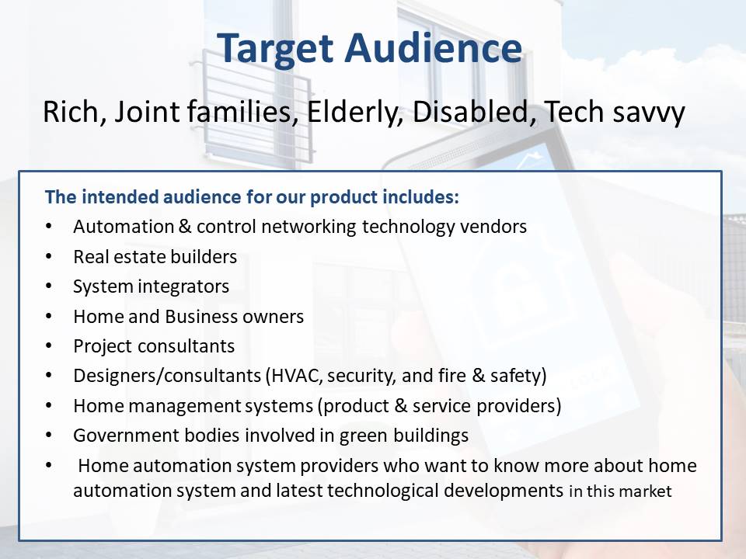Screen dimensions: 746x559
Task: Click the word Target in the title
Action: point(275,50)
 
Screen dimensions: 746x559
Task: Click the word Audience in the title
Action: point(434,48)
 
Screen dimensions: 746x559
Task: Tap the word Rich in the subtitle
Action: point(70,112)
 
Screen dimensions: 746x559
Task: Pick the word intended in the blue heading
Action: point(121,196)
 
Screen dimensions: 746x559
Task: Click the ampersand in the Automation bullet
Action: point(185,227)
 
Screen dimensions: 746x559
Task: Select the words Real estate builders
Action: point(155,257)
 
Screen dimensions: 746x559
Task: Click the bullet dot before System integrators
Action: point(49,286)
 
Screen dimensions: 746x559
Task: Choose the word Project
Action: point(102,346)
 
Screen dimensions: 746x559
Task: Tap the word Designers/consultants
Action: point(167,376)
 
